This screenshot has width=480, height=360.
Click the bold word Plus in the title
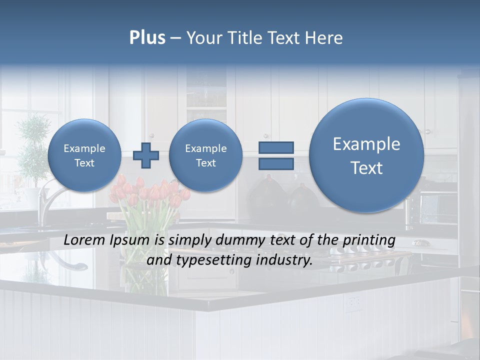pos(147,38)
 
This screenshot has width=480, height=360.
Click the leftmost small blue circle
pos(84,155)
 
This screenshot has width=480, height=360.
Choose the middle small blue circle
pos(206,155)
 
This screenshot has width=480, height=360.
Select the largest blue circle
pos(366,155)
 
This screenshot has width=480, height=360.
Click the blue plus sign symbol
pos(146,155)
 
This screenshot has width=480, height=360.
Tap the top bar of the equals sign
pos(275,147)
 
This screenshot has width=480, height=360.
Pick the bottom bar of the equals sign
pos(275,163)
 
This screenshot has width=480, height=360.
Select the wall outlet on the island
pos(354,302)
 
